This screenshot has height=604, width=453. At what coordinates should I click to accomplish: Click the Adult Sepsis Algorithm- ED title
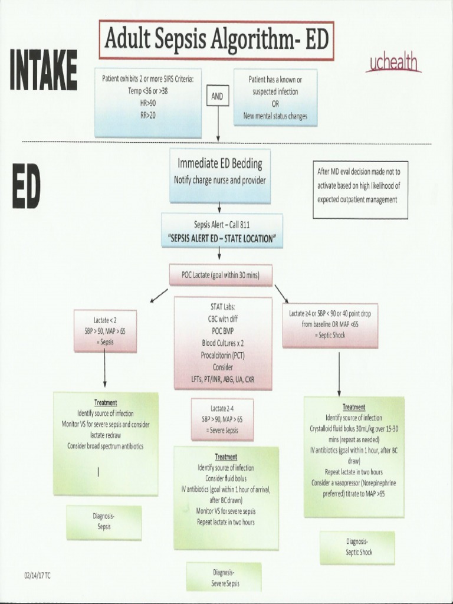click(216, 40)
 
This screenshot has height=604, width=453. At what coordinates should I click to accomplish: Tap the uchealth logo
click(393, 63)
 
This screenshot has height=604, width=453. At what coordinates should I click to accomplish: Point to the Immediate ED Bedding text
click(219, 163)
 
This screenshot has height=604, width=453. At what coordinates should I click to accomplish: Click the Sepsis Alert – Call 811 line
click(221, 225)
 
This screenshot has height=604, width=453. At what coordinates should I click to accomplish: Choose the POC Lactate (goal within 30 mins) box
click(221, 274)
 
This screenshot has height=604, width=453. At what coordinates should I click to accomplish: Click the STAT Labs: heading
click(223, 307)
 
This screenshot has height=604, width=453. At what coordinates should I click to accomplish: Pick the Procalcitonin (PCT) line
click(223, 355)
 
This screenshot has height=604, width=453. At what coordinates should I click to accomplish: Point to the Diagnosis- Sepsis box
click(104, 522)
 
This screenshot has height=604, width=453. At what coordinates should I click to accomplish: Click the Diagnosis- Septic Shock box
click(357, 547)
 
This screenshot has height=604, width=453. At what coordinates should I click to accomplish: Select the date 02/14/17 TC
click(38, 575)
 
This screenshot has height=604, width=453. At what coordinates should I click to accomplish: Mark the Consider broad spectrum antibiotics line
click(105, 446)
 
